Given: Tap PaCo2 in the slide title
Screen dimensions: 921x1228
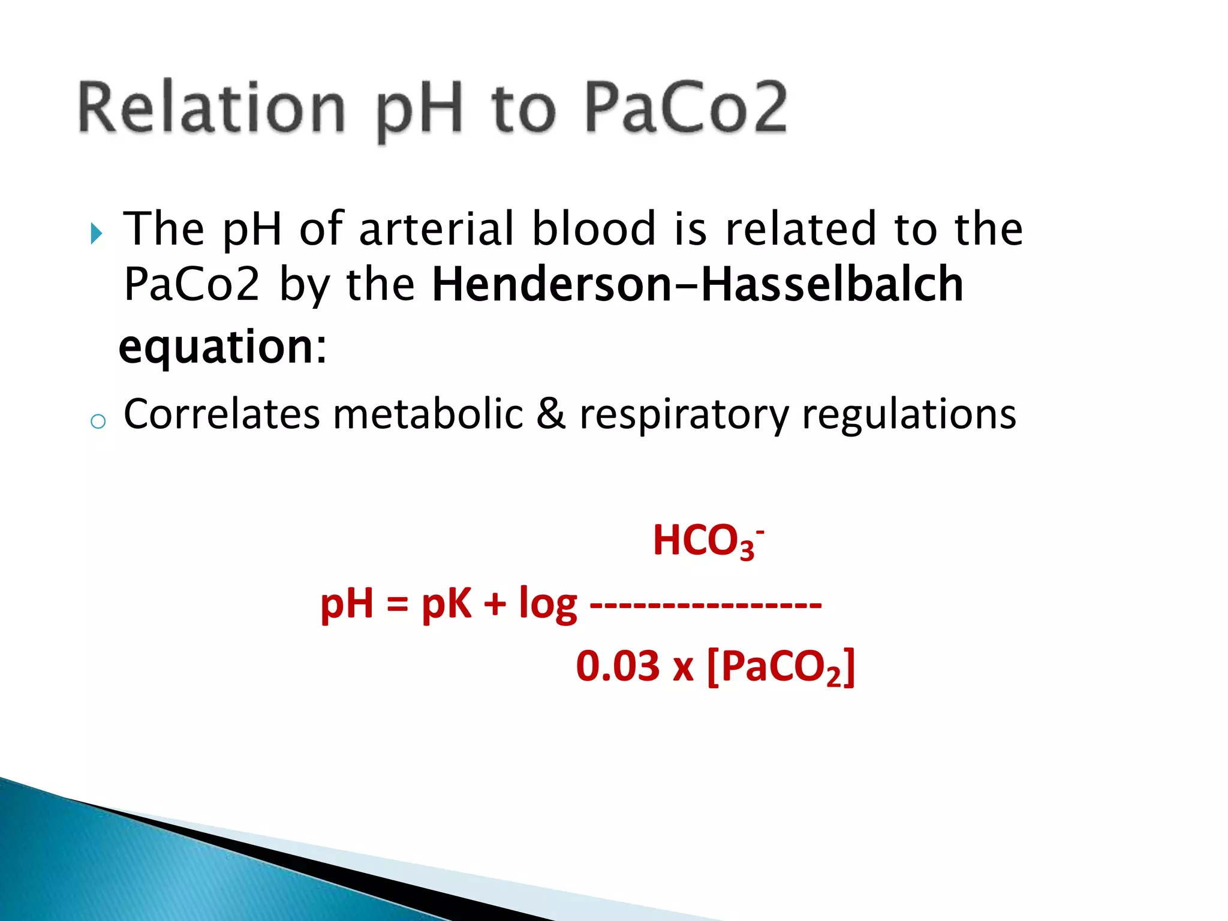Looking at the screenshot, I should click(x=685, y=108).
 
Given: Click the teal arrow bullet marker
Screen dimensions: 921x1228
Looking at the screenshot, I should click(x=96, y=233).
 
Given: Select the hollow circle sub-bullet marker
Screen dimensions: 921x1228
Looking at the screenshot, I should click(x=98, y=421).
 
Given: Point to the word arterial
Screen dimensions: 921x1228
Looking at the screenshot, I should click(x=437, y=229).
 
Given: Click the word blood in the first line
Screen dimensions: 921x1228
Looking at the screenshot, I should click(x=594, y=229).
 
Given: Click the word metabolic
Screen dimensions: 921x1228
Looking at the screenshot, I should click(x=428, y=415).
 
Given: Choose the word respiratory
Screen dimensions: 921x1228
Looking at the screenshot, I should click(x=684, y=415).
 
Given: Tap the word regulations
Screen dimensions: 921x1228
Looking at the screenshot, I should click(x=908, y=415).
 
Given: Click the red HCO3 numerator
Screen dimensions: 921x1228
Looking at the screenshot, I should click(x=706, y=541).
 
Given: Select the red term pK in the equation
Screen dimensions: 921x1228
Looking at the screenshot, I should click(x=446, y=603).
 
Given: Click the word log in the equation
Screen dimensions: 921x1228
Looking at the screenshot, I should click(x=547, y=604).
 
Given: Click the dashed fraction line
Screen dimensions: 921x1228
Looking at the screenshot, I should click(x=705, y=604).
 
